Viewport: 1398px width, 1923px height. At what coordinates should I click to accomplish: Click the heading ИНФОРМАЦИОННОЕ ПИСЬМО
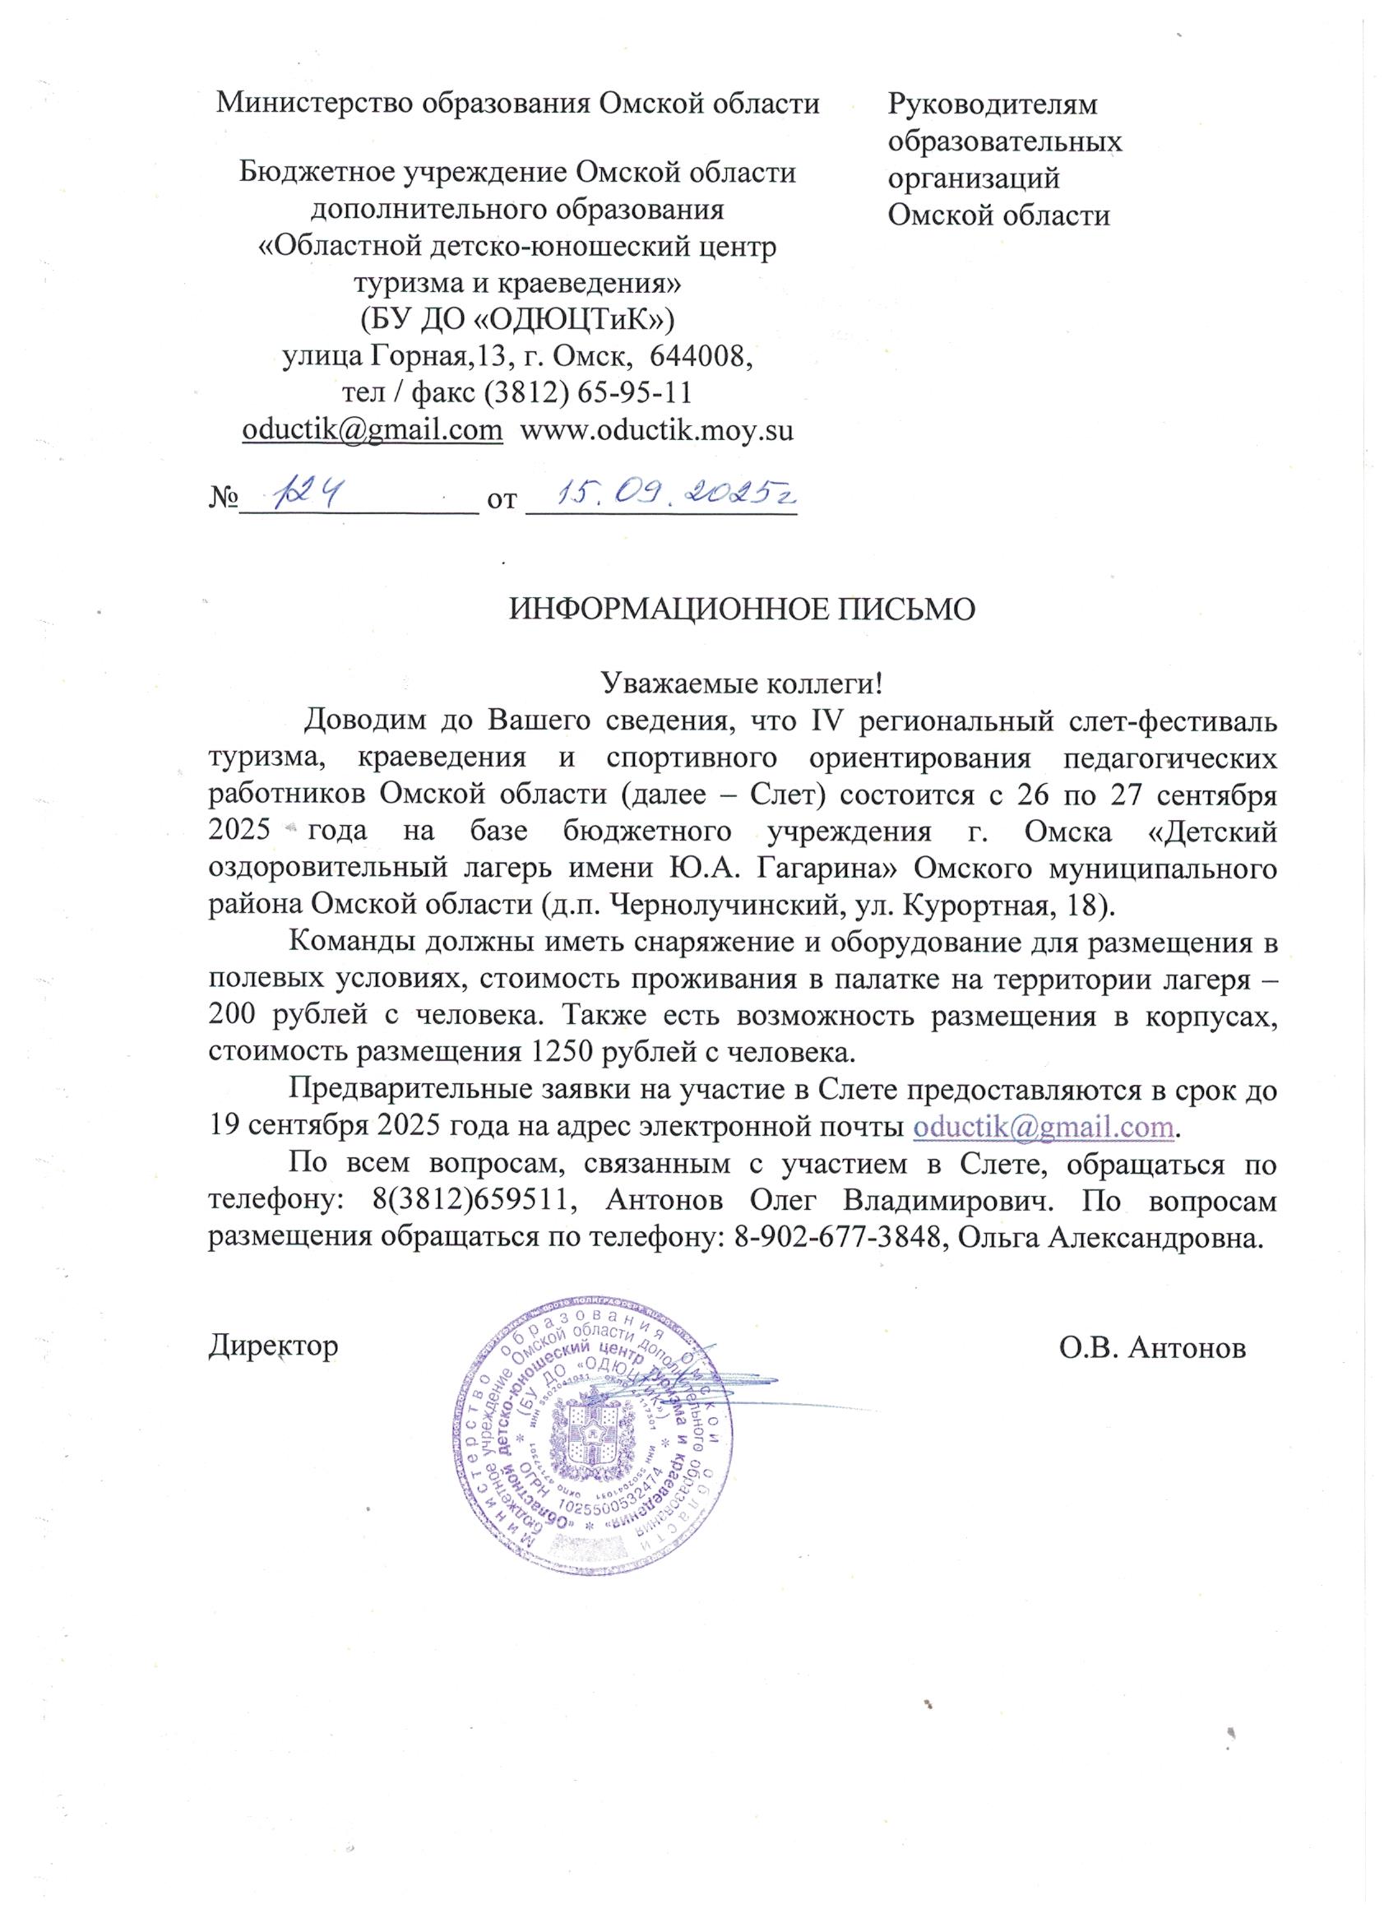(x=741, y=609)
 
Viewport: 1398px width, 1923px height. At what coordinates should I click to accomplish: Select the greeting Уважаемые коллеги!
(x=742, y=682)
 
